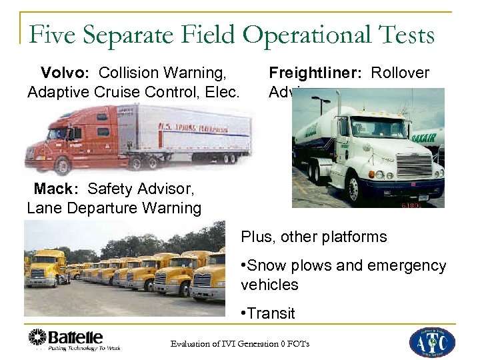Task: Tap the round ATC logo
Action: click(x=431, y=342)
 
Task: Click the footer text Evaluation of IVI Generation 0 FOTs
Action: click(x=239, y=344)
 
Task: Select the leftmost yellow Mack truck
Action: click(x=45, y=267)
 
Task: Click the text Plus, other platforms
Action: click(x=314, y=237)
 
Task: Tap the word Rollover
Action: click(x=400, y=73)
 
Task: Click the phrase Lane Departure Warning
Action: click(x=114, y=208)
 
